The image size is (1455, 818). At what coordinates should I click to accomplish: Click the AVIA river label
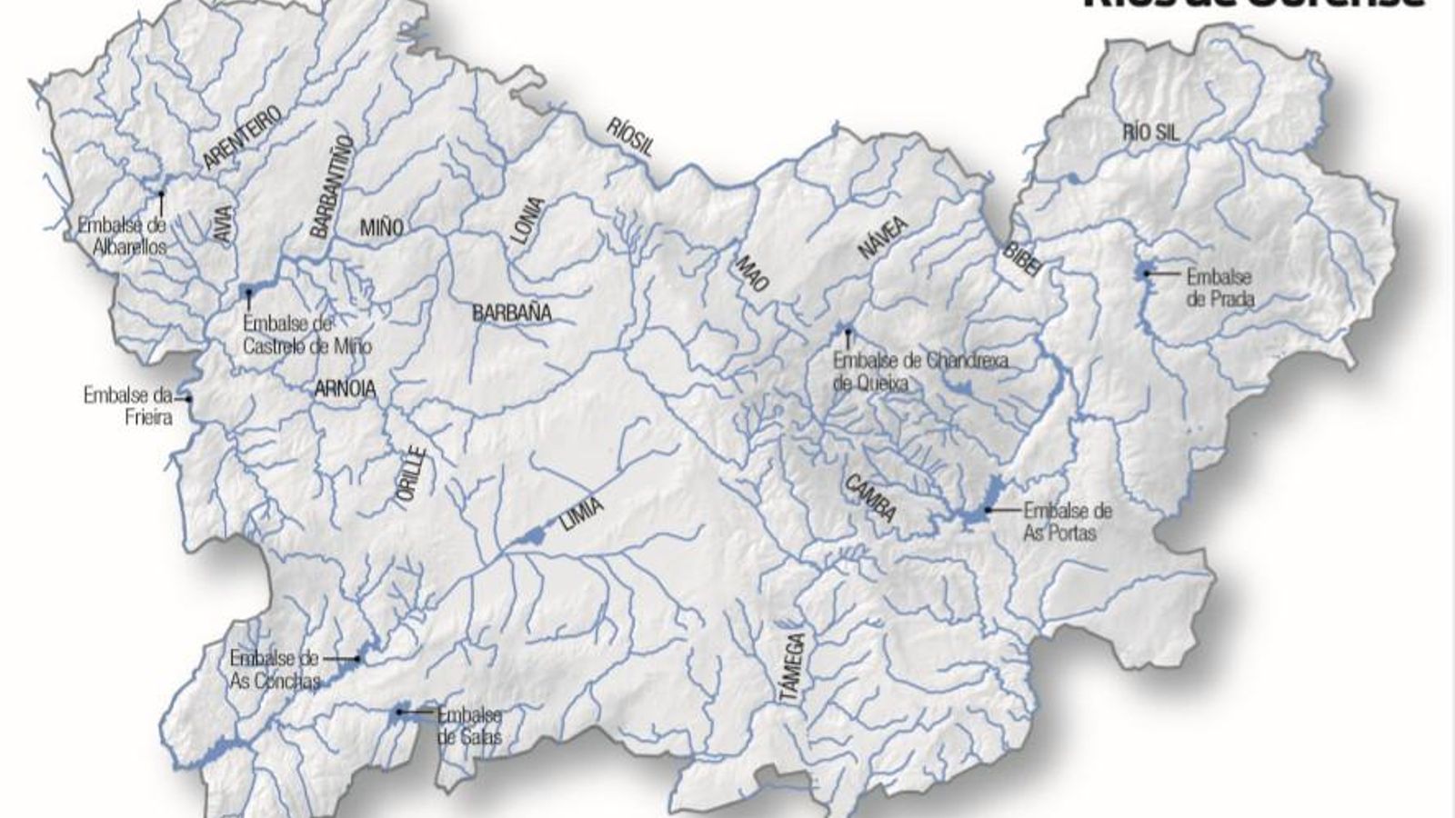pyautogui.click(x=224, y=221)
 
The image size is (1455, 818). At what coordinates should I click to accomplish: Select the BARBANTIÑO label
pyautogui.click(x=331, y=186)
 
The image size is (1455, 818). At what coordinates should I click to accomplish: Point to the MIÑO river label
pyautogui.click(x=381, y=228)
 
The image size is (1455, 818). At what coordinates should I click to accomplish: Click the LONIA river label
pyautogui.click(x=527, y=221)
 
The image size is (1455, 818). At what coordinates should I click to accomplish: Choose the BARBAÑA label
pyautogui.click(x=512, y=314)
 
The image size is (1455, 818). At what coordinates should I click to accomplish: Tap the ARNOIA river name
pyautogui.click(x=345, y=390)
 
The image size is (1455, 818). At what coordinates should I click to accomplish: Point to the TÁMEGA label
pyautogui.click(x=792, y=667)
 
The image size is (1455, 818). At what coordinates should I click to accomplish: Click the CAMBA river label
pyautogui.click(x=870, y=499)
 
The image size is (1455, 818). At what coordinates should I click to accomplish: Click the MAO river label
pyautogui.click(x=752, y=273)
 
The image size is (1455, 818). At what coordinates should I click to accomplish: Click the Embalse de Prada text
pyautogui.click(x=1219, y=287)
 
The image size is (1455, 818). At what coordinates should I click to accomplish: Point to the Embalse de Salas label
pyautogui.click(x=469, y=725)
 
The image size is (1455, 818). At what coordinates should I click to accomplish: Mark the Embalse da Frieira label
pyautogui.click(x=127, y=406)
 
